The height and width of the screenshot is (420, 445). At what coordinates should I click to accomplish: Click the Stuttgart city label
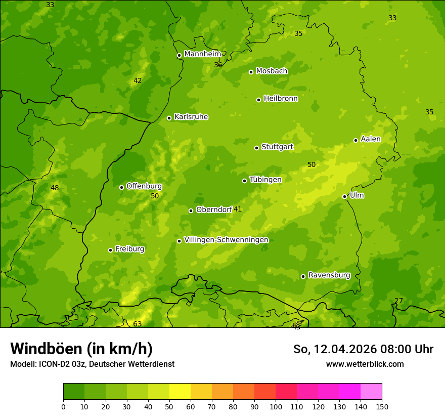click(277, 147)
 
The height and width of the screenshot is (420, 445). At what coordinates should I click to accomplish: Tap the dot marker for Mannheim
click(179, 56)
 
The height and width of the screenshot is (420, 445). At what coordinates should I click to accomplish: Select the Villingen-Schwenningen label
click(226, 240)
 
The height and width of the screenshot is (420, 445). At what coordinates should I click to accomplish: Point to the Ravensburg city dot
click(303, 276)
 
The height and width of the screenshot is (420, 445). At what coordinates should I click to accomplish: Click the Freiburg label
click(129, 249)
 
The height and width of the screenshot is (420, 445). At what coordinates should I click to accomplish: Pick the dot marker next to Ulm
click(344, 196)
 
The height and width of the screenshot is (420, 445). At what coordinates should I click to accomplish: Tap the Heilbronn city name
click(281, 99)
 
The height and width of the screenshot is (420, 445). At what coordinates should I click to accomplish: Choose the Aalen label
click(370, 139)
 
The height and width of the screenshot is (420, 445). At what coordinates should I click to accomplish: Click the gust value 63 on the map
click(138, 324)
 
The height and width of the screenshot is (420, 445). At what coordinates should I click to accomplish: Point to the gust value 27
click(398, 301)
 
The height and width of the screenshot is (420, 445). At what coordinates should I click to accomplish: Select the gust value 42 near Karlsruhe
click(138, 80)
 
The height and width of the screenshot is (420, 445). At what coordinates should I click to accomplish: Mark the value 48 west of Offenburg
click(55, 188)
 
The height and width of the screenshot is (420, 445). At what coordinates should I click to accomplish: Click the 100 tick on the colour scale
click(276, 406)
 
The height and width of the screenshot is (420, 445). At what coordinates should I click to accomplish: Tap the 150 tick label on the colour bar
click(382, 406)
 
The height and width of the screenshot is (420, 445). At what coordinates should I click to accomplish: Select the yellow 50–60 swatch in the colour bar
click(180, 392)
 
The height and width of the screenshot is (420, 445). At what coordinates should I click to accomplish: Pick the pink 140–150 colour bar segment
click(371, 392)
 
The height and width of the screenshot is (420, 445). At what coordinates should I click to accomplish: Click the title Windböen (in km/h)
click(81, 349)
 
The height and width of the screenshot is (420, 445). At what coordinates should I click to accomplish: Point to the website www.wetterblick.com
click(365, 364)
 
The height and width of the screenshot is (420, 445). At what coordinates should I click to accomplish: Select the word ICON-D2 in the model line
click(53, 364)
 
